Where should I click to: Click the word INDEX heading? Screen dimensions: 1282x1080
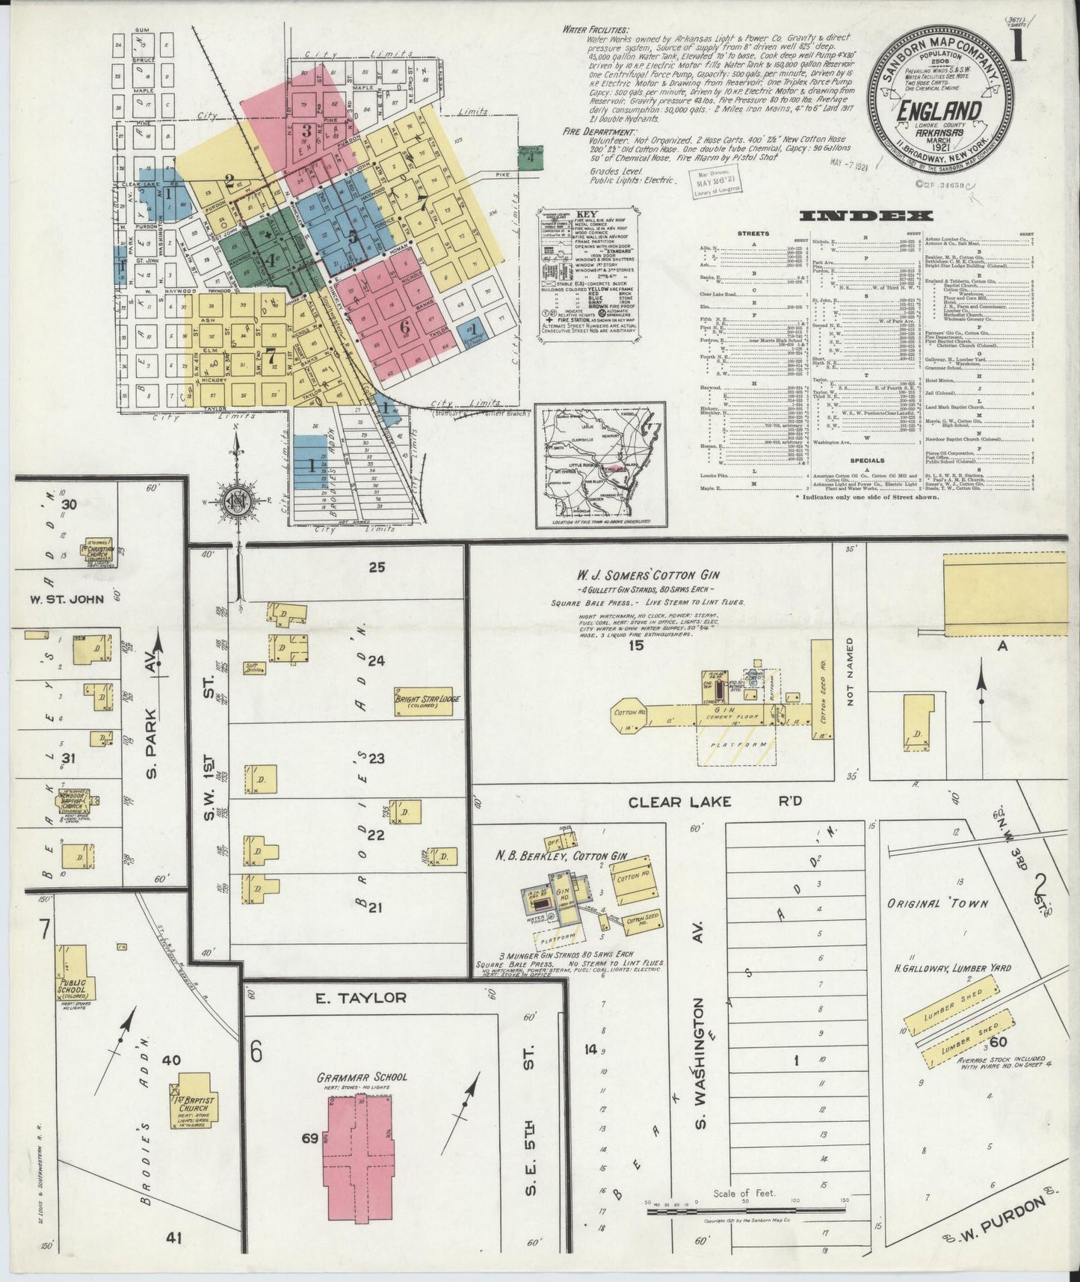867,216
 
